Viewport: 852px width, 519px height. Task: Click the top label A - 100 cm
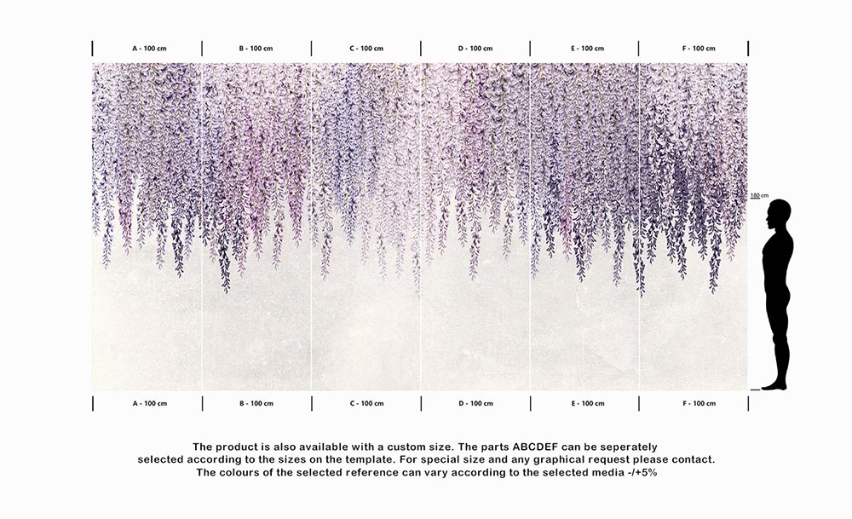click(149, 49)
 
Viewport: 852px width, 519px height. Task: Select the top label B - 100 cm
click(256, 49)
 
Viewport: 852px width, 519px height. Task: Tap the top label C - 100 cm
click(366, 49)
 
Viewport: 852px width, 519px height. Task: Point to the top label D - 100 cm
click(475, 49)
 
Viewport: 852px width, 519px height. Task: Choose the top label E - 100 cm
click(587, 49)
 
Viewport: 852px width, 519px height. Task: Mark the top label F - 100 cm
click(699, 49)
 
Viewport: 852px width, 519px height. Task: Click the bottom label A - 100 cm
click(149, 403)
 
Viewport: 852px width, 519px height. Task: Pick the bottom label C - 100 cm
click(366, 403)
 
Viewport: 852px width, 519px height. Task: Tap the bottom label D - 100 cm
click(475, 403)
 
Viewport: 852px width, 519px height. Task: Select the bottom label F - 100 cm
click(699, 403)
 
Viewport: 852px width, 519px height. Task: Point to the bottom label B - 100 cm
click(256, 403)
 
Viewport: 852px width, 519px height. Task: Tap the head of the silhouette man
click(780, 212)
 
